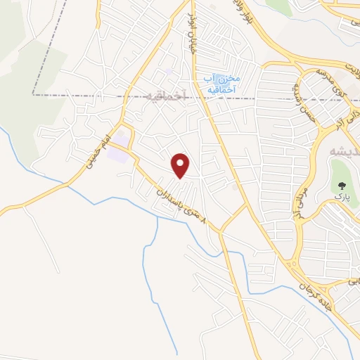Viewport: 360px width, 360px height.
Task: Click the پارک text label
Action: pos(341,200)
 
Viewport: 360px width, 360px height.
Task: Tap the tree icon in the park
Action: pos(342,186)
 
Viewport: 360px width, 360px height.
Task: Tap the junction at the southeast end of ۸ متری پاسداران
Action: pos(220,231)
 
